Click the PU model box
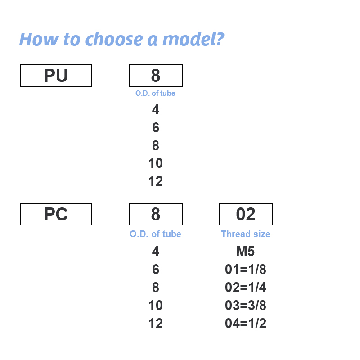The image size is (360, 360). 56,76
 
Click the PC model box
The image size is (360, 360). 56,214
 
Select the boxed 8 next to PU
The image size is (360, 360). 156,76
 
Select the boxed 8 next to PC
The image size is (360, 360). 156,214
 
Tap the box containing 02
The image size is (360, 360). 246,214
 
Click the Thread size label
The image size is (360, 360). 246,234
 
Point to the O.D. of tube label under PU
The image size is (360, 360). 155,93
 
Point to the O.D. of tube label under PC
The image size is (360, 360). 155,234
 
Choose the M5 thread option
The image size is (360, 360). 245,251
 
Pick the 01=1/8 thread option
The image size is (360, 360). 246,269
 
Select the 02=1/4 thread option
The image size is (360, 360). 246,287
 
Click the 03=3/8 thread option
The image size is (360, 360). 246,306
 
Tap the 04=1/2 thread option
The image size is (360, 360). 246,323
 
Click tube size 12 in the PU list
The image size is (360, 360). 156,181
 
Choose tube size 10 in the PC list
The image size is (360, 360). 156,306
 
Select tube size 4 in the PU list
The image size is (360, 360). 156,109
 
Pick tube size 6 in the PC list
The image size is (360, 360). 156,269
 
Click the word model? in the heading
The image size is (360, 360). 193,39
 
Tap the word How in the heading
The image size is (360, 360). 39,39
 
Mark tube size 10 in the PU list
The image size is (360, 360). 156,163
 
